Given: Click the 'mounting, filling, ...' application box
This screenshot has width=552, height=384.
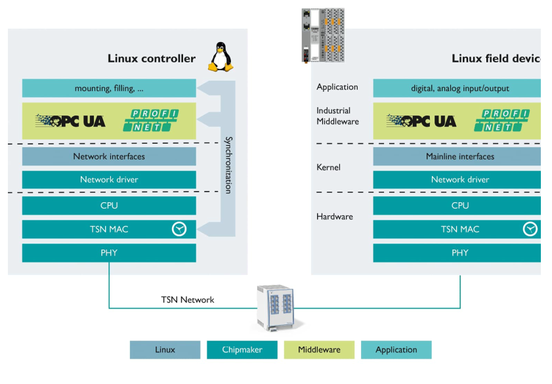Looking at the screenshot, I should (x=109, y=88).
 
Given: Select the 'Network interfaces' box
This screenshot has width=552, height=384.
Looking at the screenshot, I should (x=109, y=156).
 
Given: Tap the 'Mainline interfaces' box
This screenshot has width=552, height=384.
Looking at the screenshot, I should (x=459, y=156).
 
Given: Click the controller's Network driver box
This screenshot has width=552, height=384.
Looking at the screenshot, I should (x=109, y=179).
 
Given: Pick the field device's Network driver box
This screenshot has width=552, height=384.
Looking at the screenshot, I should (x=459, y=179).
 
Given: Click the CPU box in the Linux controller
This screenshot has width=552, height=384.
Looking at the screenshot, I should (x=109, y=205).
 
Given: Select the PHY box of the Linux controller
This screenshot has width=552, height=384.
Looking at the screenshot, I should (x=109, y=253).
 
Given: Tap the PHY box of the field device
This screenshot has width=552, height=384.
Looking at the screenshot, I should (x=459, y=253).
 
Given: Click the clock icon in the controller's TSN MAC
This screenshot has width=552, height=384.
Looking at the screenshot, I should (x=179, y=229).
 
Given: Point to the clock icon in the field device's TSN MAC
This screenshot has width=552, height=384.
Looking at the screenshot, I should (x=530, y=229).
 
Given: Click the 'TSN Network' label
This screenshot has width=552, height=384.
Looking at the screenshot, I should (x=188, y=300).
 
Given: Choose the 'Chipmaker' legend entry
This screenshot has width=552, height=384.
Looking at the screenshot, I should (x=242, y=350).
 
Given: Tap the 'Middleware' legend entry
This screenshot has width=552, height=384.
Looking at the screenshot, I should (x=319, y=350).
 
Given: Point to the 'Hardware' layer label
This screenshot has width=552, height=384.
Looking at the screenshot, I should (x=334, y=217).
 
